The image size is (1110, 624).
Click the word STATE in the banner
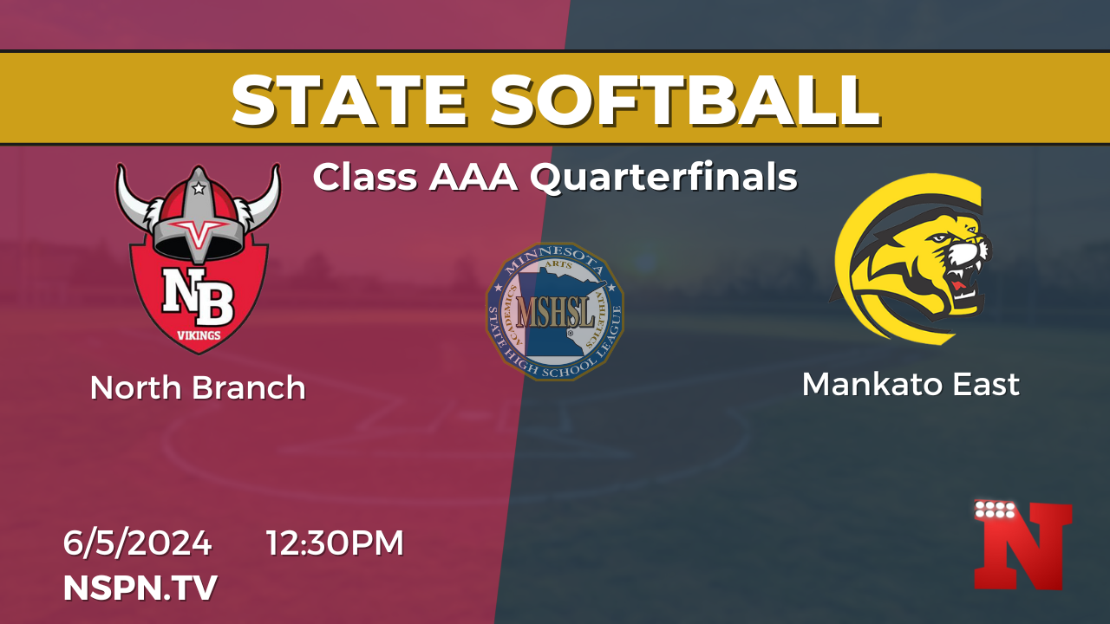pyautogui.click(x=349, y=101)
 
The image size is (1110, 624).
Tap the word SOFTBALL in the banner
pyautogui.click(x=685, y=101)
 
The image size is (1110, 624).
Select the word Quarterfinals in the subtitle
pyautogui.click(x=663, y=178)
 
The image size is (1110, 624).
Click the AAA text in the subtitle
pyautogui.click(x=473, y=178)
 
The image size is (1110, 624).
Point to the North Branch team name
pyautogui.click(x=198, y=387)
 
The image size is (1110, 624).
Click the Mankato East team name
pyautogui.click(x=911, y=384)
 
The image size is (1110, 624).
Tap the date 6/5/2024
pyautogui.click(x=137, y=543)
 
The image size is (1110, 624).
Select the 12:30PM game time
pyautogui.click(x=335, y=543)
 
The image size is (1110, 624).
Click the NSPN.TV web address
pyautogui.click(x=140, y=588)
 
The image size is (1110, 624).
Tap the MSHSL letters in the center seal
pyautogui.click(x=555, y=312)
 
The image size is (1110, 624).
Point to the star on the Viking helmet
pyautogui.click(x=199, y=188)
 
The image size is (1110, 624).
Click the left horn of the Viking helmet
pyautogui.click(x=133, y=198)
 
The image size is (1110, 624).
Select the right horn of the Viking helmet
pyautogui.click(x=263, y=198)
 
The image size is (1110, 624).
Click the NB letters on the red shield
pyautogui.click(x=199, y=296)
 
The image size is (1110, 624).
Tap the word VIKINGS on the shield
pyautogui.click(x=199, y=335)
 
